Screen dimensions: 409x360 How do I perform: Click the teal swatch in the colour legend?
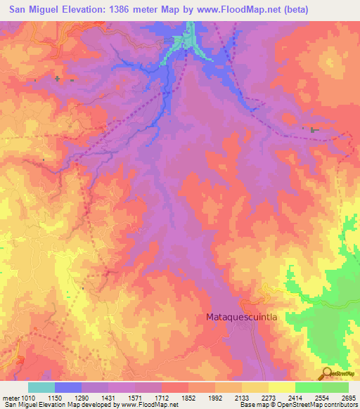coord(41,387)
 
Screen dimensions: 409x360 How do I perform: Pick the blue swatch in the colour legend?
coord(69,387)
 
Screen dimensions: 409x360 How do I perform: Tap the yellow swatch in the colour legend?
coord(282,387)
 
